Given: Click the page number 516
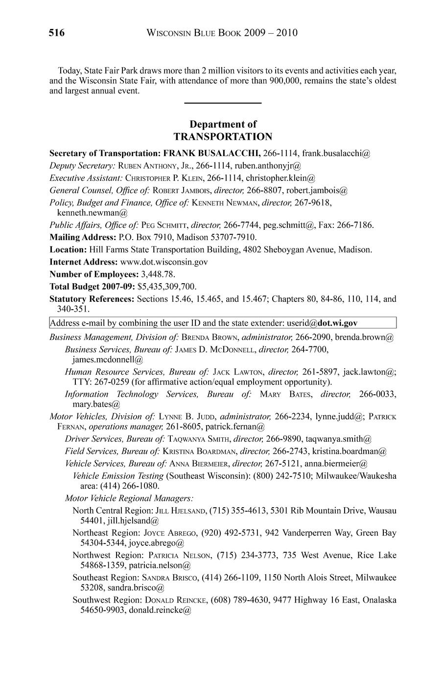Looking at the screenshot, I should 56,33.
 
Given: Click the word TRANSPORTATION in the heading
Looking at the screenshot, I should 223,136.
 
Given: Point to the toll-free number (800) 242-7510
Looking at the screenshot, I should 280,475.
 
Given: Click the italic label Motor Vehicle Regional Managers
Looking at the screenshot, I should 129,498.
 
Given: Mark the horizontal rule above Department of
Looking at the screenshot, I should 223,103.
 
